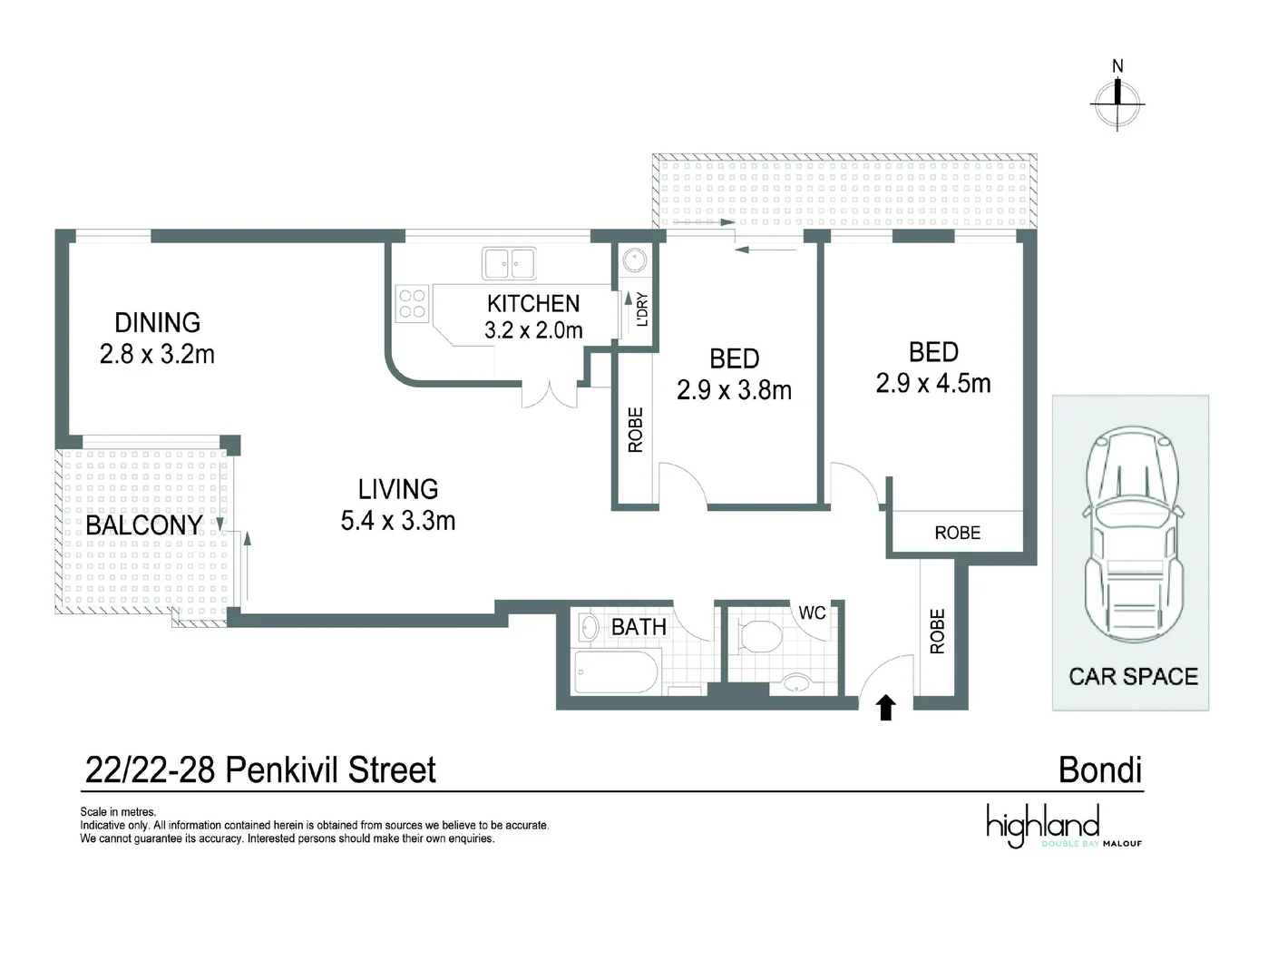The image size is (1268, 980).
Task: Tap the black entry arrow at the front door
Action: [886, 708]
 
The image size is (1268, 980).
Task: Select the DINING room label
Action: [157, 323]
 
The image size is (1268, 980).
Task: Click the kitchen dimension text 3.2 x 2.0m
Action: [533, 330]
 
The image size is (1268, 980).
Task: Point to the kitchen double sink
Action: [509, 264]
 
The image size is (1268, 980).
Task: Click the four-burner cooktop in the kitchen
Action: [413, 303]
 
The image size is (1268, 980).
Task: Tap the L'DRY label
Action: [643, 309]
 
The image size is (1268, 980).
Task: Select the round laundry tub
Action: [634, 262]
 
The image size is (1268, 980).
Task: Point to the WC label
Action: [812, 613]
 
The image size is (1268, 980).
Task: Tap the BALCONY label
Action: [143, 525]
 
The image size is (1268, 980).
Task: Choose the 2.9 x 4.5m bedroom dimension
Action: [932, 384]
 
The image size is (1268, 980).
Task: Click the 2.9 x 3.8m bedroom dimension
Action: [734, 390]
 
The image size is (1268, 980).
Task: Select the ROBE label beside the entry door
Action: [937, 632]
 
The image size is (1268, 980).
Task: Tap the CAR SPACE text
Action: [1133, 676]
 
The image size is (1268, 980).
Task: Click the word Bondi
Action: [1100, 770]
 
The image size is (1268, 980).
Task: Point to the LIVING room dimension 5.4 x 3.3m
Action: [398, 521]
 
